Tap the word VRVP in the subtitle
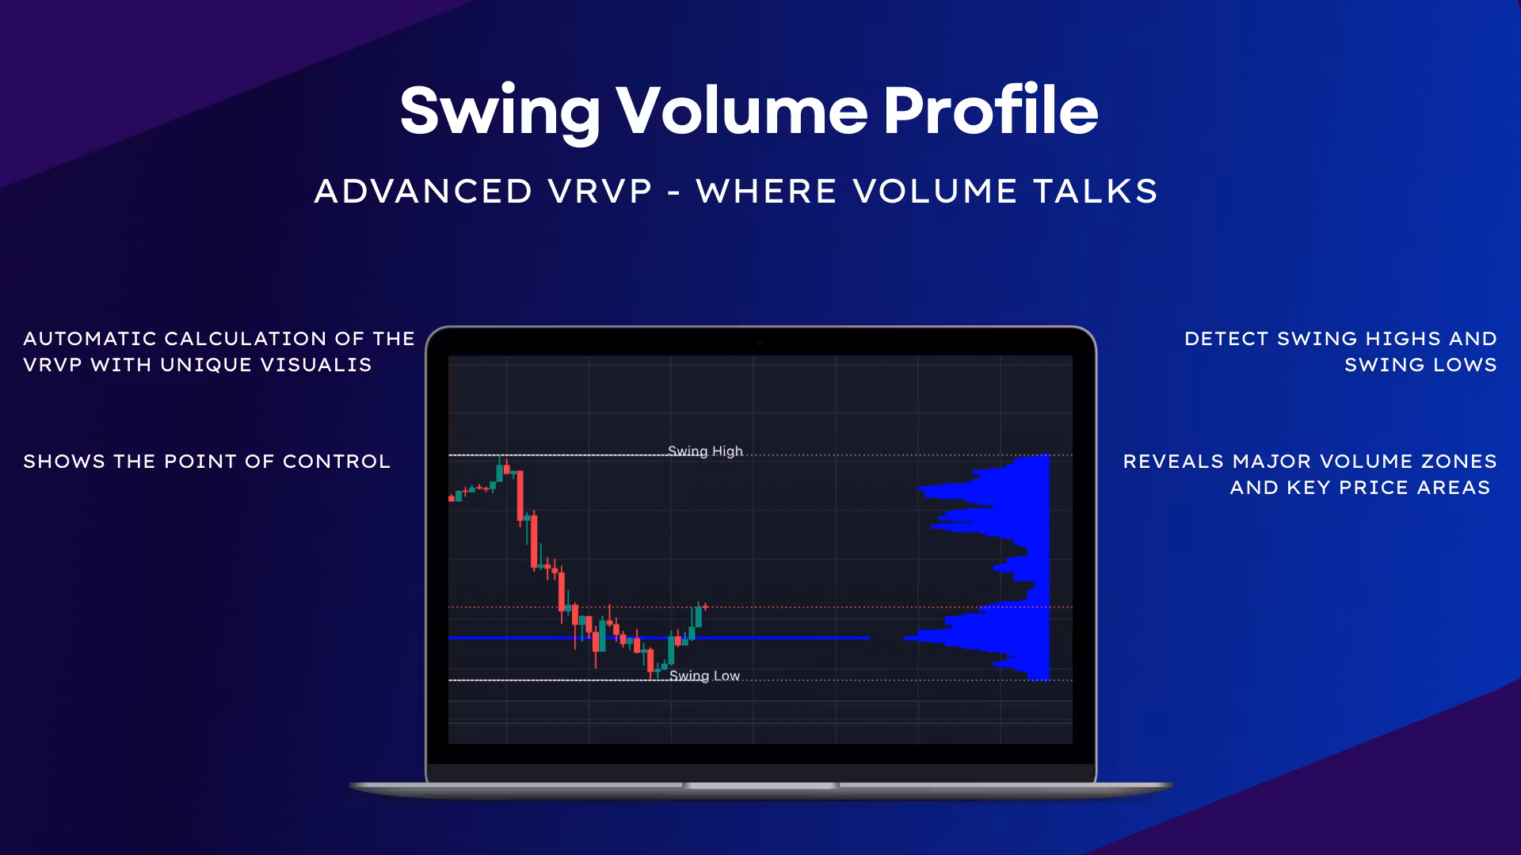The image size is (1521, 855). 600,192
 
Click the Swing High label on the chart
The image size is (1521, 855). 705,451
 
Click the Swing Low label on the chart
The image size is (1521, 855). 704,676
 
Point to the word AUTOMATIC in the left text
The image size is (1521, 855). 90,339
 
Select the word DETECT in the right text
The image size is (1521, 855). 1227,339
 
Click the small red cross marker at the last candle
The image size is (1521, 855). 705,607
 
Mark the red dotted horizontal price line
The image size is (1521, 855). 760,607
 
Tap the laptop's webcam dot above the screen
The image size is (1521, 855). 760,344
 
